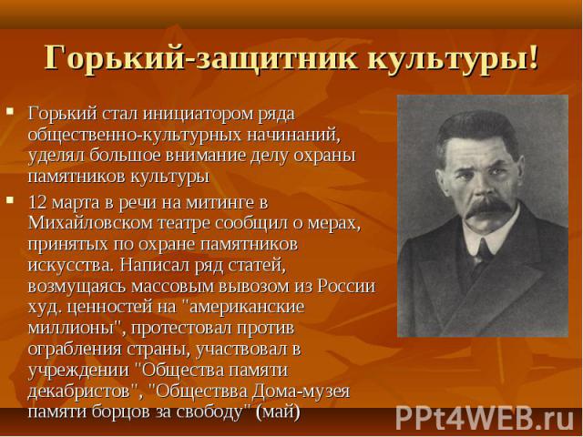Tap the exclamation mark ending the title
[534, 57]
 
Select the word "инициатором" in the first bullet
[198, 114]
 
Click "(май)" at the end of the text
[278, 412]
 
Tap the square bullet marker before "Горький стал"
[10, 111]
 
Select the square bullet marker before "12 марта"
[10, 200]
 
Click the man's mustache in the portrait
[489, 207]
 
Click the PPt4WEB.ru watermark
[486, 417]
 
